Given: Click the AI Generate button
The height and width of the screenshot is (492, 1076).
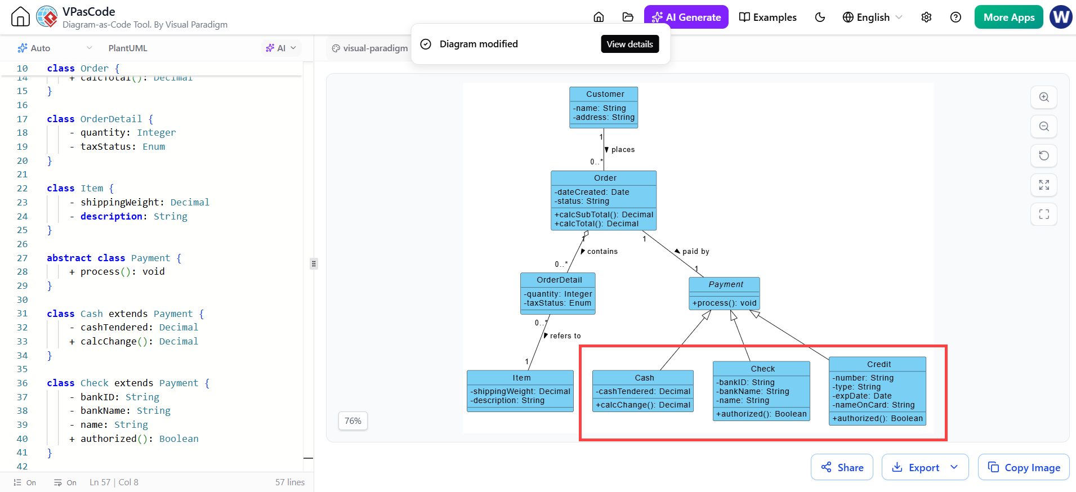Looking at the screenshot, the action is pos(686,17).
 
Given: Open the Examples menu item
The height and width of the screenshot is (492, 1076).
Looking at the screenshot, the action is pos(767,17).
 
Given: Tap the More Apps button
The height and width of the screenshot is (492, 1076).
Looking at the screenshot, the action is pos(1008,17).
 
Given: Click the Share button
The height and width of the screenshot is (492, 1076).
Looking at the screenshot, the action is pos(842,467).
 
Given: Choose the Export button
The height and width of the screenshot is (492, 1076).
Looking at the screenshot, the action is pos(925,467).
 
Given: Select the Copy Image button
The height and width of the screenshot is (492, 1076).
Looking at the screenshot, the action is pos(1024,467).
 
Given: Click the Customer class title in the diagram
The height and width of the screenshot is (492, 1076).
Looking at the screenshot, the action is pos(605,94).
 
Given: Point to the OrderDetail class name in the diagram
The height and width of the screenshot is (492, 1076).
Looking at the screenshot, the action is pos(559,280).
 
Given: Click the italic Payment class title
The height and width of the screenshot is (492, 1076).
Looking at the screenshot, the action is pos(726,284).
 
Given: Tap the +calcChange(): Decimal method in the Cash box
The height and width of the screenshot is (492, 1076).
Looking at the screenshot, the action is pos(643,405).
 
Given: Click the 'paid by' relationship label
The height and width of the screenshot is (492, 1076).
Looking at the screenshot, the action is pos(695,252).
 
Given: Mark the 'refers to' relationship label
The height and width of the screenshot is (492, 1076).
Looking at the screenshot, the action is pos(565,336).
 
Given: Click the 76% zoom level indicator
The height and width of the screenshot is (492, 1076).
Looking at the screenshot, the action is pos(353,421).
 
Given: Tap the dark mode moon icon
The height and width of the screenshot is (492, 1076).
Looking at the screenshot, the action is pos(820,17).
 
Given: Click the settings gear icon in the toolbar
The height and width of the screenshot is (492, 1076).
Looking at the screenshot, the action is pos(926,17).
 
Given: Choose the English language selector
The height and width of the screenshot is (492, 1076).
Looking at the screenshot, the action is pos(872,17).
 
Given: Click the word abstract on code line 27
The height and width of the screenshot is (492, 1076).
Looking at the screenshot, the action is pos(69,258).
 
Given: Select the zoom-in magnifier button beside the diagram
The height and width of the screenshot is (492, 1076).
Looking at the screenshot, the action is pos(1044,97).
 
